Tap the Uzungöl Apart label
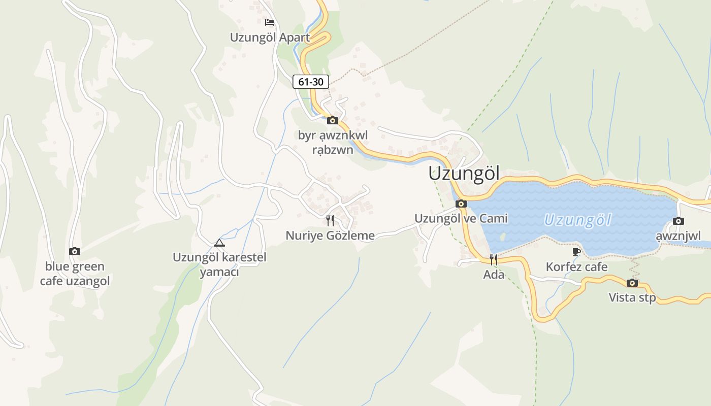(x=270, y=38)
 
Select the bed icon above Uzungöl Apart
(x=270, y=22)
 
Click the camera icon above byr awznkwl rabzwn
(x=333, y=120)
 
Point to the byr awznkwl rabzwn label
(x=333, y=143)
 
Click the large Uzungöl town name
(x=464, y=173)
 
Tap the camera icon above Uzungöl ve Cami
(x=461, y=204)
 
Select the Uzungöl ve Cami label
(x=461, y=218)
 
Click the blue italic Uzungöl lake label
(x=577, y=220)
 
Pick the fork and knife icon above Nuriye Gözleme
(x=330, y=220)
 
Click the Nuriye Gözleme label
(x=330, y=235)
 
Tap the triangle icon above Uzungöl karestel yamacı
(x=219, y=243)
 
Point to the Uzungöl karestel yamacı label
(x=219, y=264)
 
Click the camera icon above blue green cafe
(x=75, y=251)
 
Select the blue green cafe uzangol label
(x=75, y=274)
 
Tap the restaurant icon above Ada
(x=494, y=260)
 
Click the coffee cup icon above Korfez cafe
(x=576, y=252)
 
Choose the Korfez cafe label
(x=576, y=267)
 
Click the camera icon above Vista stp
(x=632, y=283)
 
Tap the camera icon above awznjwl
(x=678, y=221)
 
